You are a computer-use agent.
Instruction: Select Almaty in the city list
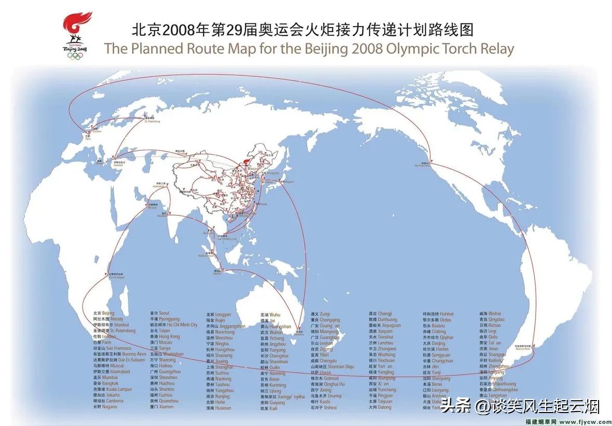116,319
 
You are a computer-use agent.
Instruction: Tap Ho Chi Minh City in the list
181,325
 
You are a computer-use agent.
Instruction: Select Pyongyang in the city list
169,319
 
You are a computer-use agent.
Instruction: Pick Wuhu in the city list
275,314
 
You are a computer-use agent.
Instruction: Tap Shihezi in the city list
329,407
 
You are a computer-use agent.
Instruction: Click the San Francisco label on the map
421,164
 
